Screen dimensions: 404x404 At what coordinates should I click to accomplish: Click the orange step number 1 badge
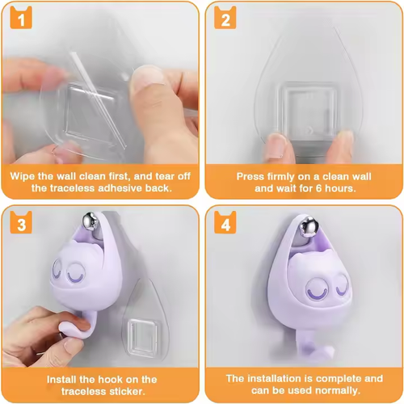(21, 18)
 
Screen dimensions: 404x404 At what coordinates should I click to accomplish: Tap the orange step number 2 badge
(225, 18)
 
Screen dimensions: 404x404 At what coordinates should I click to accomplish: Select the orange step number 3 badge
(21, 222)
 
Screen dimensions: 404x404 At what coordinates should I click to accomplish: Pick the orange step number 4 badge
(225, 222)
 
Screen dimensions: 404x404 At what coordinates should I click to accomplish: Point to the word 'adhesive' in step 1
(120, 188)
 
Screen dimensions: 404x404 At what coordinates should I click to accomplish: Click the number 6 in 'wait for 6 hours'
(318, 188)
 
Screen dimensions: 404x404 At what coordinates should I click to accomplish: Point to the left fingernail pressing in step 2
(275, 143)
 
